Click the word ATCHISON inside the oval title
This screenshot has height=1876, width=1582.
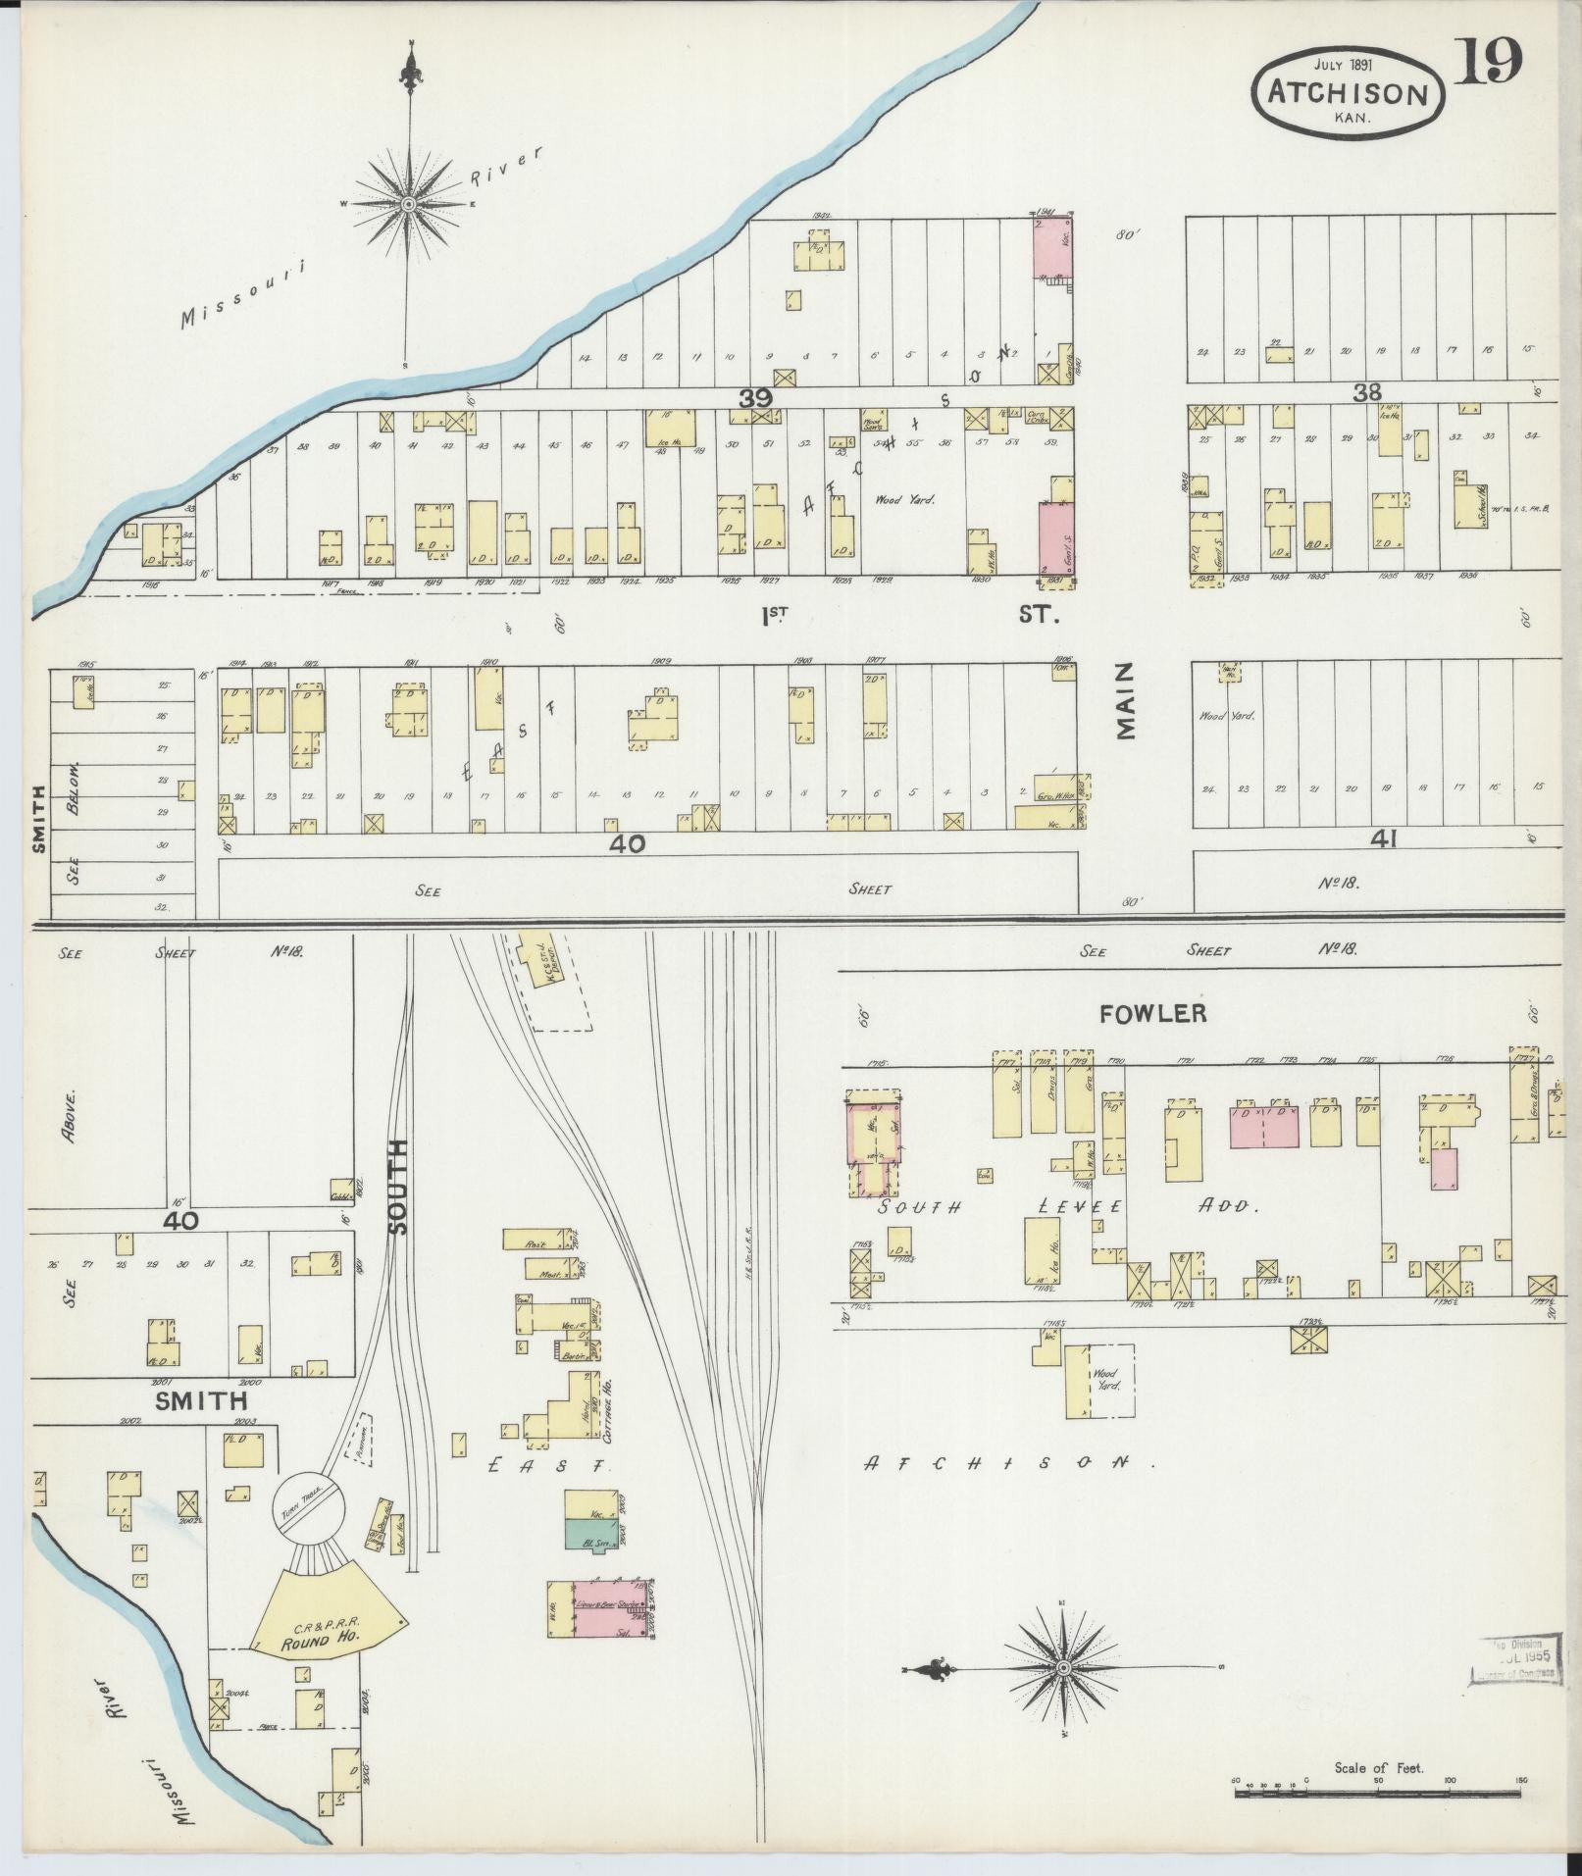point(1347,93)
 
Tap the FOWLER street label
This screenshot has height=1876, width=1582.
point(1152,1014)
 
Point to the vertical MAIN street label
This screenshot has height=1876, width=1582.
point(1124,700)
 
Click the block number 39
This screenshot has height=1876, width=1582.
point(756,397)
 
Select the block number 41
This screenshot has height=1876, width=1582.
point(1384,838)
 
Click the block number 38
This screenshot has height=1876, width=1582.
point(1366,392)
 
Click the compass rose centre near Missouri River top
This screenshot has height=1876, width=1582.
point(408,203)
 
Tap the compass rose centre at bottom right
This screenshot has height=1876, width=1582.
point(1063,1668)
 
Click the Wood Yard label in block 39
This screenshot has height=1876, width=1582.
point(905,498)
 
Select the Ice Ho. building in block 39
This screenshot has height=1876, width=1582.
point(671,430)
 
